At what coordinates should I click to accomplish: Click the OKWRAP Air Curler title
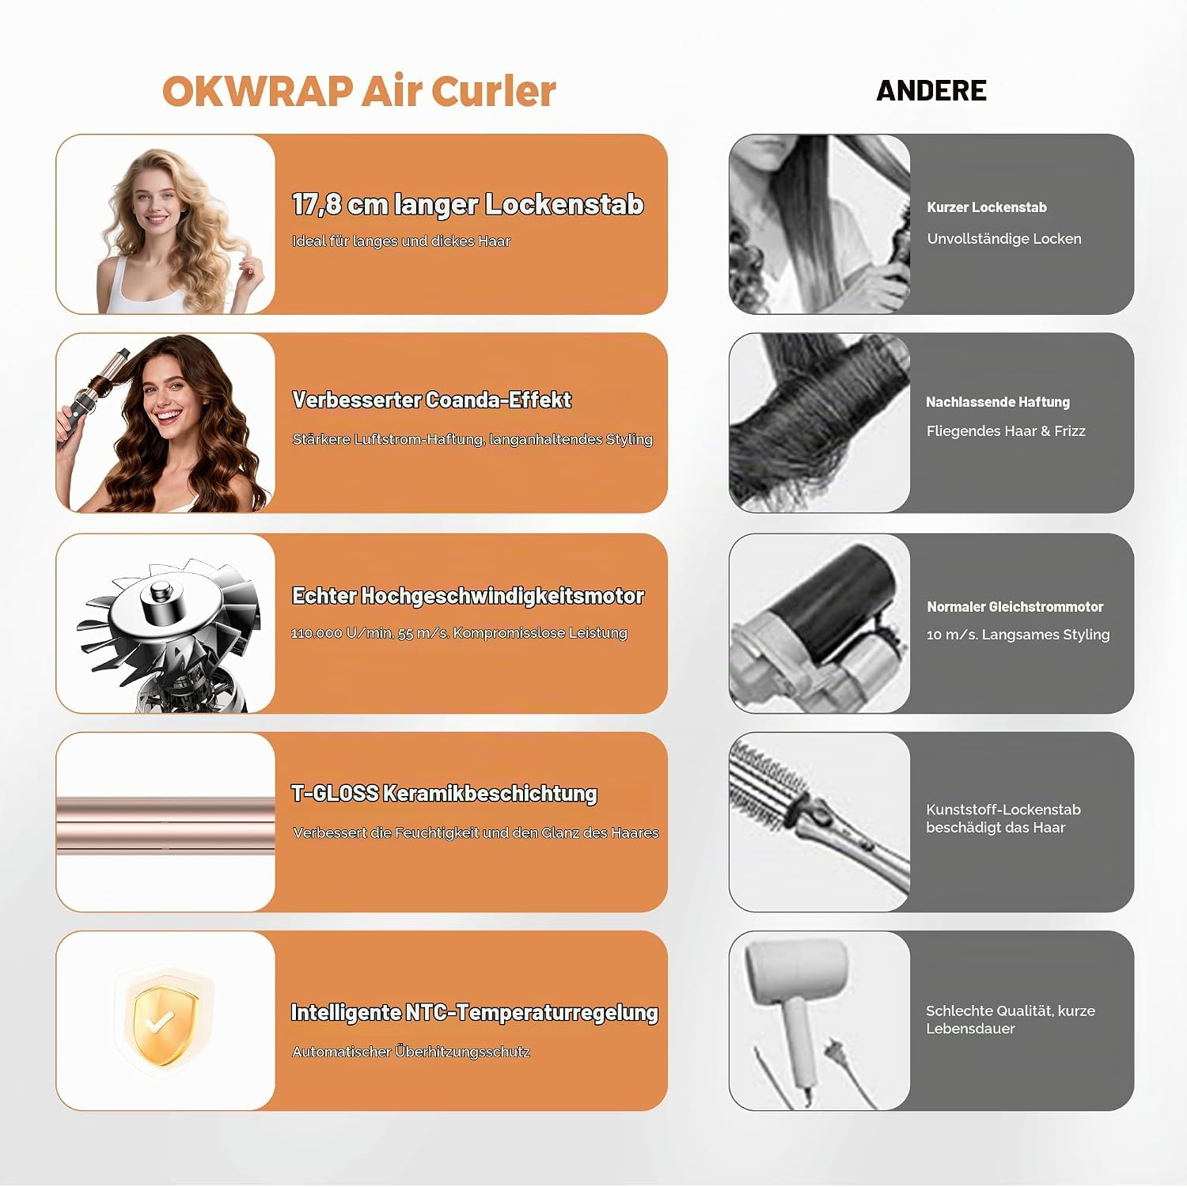coord(359,91)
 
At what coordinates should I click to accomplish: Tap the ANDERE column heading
coord(931,91)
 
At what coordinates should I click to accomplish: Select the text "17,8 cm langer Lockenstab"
coord(468,204)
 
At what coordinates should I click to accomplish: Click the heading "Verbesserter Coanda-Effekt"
coord(432,400)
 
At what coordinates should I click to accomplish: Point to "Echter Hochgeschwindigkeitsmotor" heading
coord(468,596)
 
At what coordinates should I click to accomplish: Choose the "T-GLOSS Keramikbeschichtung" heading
coord(444,793)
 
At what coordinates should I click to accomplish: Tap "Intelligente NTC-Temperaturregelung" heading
coord(475,1013)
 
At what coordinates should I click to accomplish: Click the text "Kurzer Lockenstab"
coord(987,207)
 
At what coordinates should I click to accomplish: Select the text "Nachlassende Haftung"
coord(998,402)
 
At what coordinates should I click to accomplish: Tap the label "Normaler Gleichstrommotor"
coord(1015,607)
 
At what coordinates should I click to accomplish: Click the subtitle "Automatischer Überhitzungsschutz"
coord(411,1052)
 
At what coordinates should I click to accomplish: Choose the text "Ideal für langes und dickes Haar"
coord(401,241)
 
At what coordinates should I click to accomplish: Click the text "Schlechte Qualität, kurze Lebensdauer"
coord(1011,1019)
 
